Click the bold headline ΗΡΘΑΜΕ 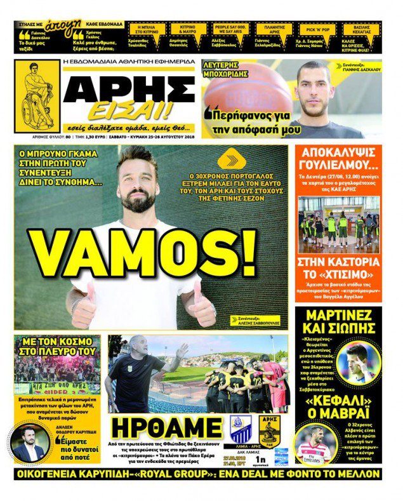[x=164, y=429]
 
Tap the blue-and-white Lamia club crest [x=238, y=431]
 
